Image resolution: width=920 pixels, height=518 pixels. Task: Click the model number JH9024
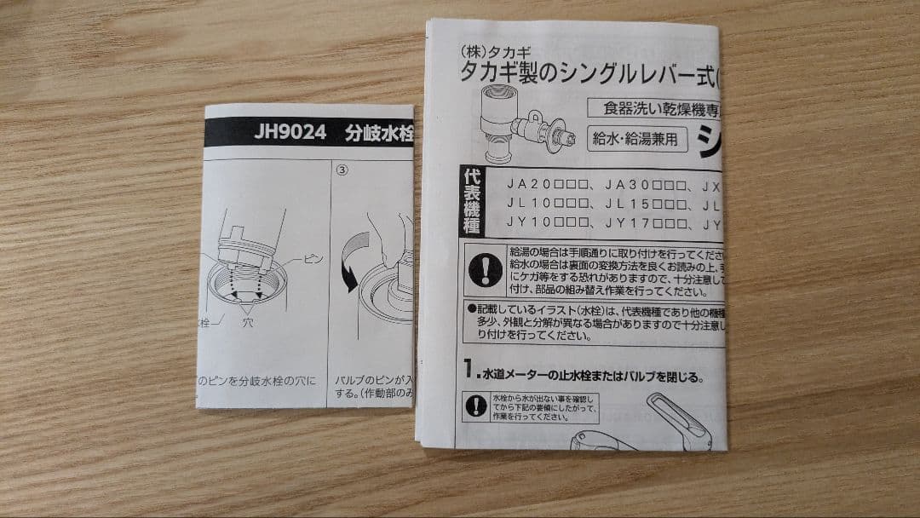(290, 135)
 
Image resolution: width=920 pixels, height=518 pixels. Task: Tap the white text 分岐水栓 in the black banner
(379, 135)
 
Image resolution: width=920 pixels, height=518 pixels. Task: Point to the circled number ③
(342, 169)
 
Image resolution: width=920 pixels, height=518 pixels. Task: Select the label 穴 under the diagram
(247, 325)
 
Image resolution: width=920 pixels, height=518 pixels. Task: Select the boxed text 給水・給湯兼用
(639, 139)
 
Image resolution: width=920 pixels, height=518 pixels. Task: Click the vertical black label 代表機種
(471, 201)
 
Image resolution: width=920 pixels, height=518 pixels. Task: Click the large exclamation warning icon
(485, 270)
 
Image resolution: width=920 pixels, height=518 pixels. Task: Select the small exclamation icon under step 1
(476, 406)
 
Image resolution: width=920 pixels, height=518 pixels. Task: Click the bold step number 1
(469, 370)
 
